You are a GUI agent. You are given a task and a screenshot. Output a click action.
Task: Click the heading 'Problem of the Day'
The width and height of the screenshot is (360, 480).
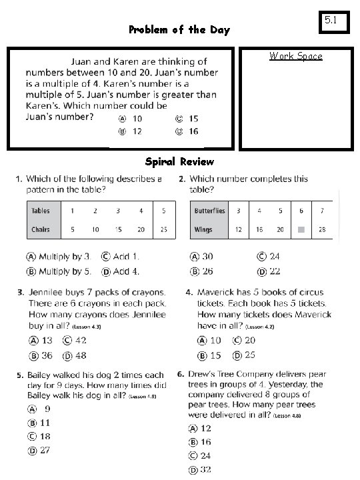[179, 29]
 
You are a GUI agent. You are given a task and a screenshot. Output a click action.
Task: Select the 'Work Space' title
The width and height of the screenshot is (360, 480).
[296, 56]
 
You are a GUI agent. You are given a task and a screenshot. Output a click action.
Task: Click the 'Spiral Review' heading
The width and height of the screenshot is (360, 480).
[179, 161]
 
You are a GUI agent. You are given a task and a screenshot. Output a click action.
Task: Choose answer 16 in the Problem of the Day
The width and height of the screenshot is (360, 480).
[187, 131]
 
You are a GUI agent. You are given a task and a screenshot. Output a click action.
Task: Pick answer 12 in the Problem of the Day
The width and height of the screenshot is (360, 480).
[130, 131]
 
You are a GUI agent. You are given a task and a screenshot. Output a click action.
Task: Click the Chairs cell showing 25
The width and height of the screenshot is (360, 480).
[164, 229]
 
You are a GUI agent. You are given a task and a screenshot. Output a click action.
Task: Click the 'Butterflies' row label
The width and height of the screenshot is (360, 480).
[209, 211]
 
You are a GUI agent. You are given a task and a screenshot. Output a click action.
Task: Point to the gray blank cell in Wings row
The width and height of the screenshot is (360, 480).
[301, 229]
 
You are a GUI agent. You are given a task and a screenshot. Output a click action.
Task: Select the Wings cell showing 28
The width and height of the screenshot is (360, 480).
[322, 229]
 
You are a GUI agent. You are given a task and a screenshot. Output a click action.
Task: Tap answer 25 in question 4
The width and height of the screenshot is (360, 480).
[243, 355]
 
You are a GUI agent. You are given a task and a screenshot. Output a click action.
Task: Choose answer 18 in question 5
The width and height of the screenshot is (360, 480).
[39, 436]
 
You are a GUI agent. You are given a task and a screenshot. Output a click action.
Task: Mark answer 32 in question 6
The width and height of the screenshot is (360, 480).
[199, 470]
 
